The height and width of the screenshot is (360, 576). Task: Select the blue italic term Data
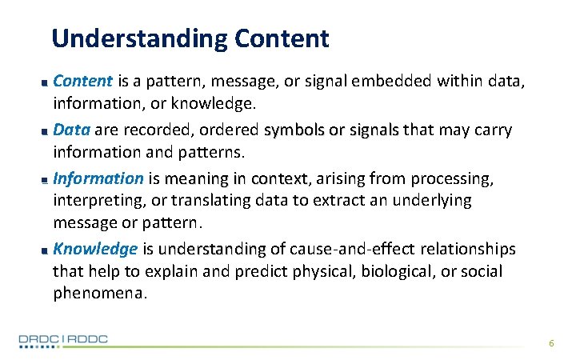tap(71, 130)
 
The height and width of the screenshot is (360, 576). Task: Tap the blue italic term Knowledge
tap(95, 249)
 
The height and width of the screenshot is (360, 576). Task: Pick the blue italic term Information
tap(98, 178)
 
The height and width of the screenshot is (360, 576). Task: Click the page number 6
tap(551, 343)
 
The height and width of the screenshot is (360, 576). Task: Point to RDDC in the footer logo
tap(86, 340)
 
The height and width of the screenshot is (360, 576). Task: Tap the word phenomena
tap(100, 294)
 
